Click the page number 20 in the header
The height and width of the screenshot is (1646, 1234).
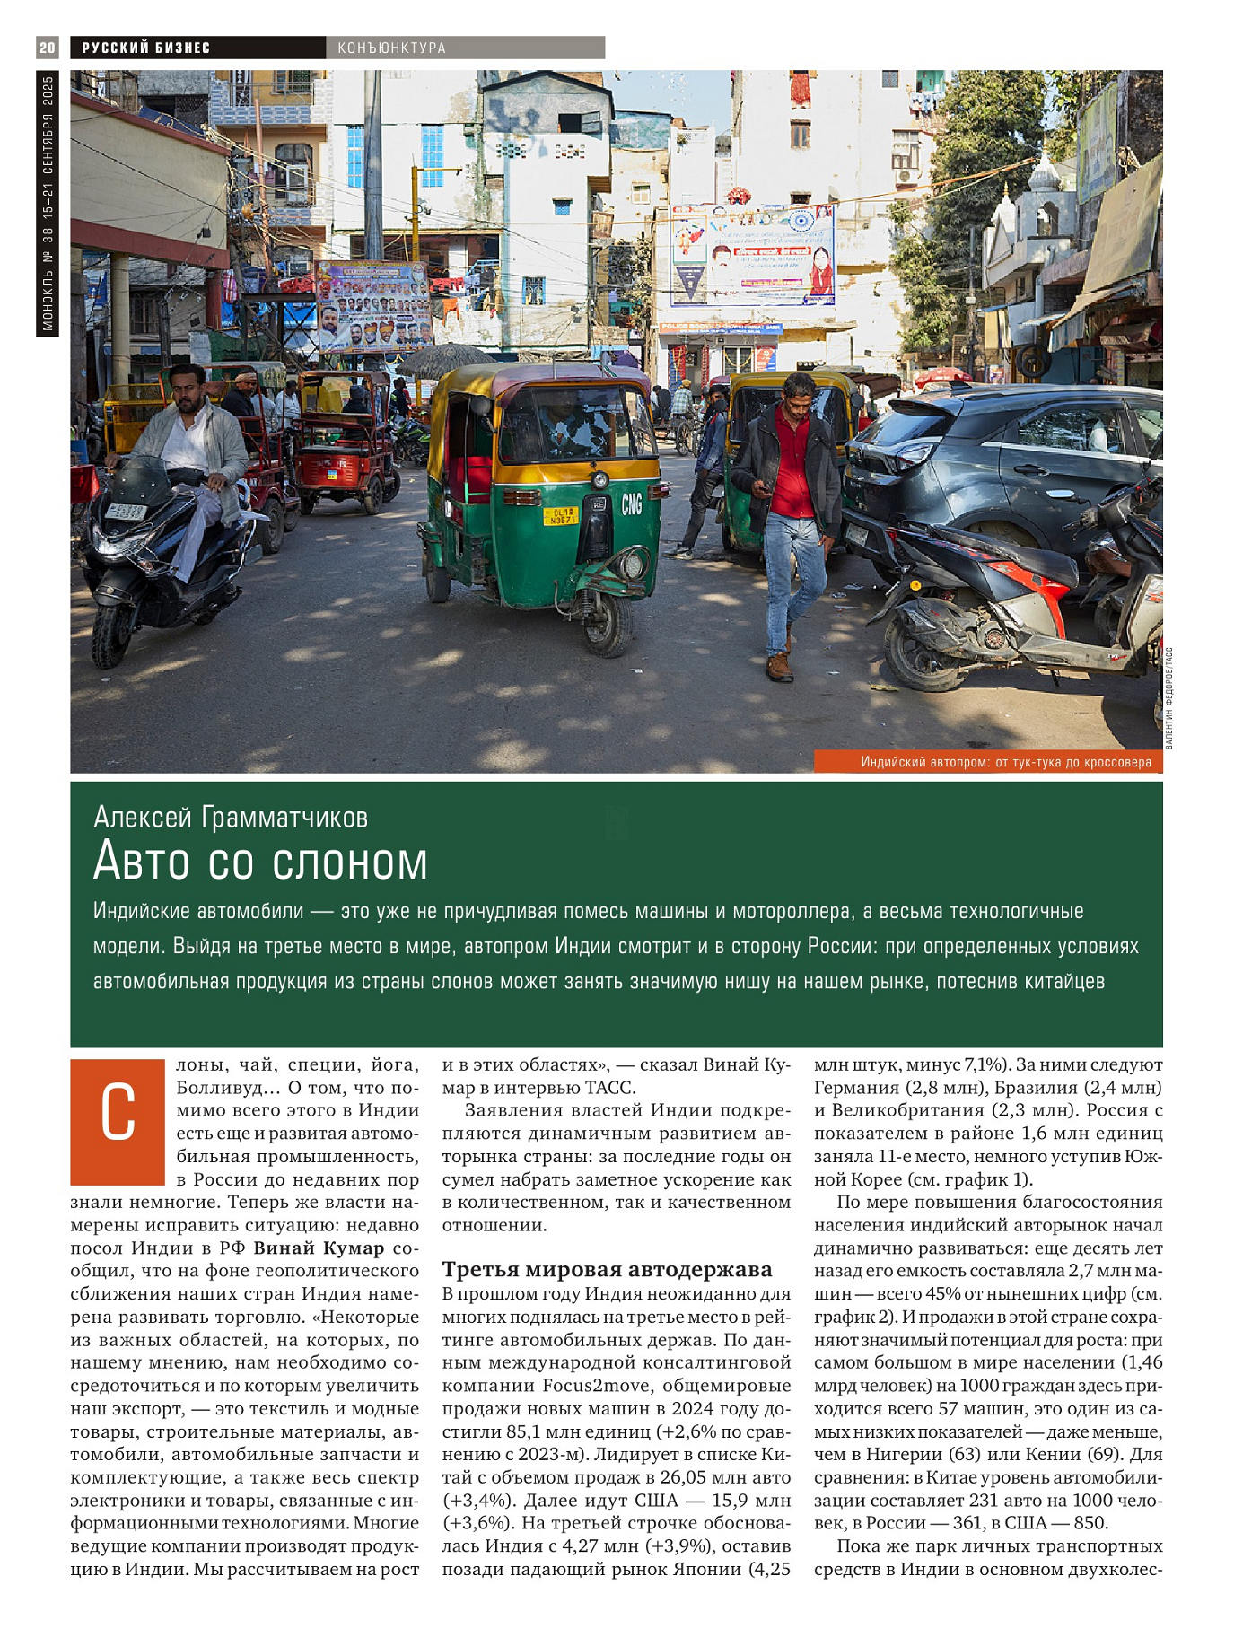[48, 48]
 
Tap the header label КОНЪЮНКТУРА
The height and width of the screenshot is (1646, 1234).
[391, 48]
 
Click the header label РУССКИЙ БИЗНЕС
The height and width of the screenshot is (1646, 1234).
[146, 48]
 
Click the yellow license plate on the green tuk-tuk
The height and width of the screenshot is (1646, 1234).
[561, 515]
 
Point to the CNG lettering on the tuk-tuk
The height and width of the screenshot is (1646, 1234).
[632, 504]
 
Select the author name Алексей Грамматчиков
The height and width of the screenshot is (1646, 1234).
[231, 817]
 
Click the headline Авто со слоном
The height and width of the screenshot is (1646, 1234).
[260, 862]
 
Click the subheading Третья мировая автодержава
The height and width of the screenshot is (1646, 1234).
[607, 1269]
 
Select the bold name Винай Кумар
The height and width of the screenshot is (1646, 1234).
[319, 1248]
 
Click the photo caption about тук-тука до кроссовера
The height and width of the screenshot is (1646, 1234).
[1005, 762]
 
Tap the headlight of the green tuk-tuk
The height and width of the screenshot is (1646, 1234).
[635, 563]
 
